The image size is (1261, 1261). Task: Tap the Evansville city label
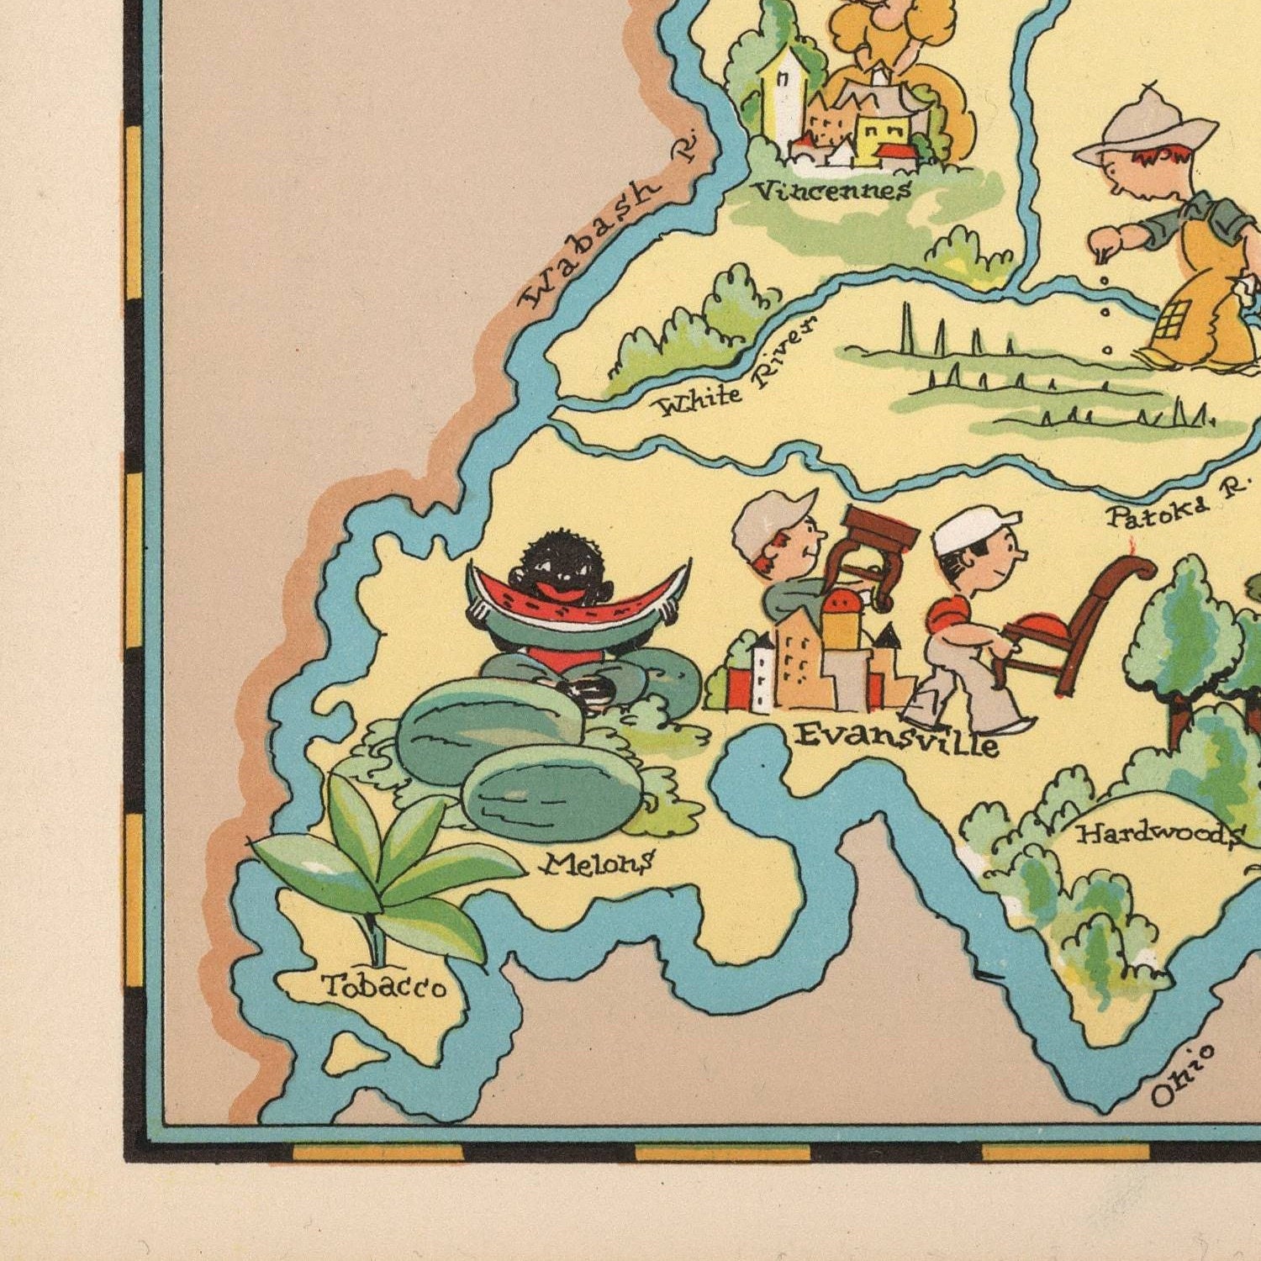(897, 739)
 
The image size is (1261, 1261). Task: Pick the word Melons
(599, 863)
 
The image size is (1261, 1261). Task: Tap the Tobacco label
(384, 985)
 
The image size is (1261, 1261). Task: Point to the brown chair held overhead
(874, 551)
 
